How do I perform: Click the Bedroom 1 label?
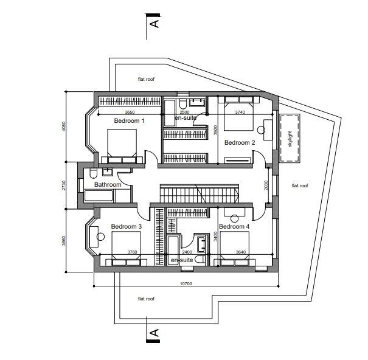click(x=129, y=121)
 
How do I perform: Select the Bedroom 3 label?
click(x=126, y=227)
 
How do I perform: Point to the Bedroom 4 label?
click(x=234, y=227)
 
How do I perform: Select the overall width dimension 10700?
click(x=186, y=283)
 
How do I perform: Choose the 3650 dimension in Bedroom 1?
click(x=130, y=112)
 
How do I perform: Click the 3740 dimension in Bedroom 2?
click(x=240, y=112)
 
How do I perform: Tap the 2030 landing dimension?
click(x=266, y=185)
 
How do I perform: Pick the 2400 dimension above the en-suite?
click(x=187, y=252)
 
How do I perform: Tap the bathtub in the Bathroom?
click(x=99, y=196)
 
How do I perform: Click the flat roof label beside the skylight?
click(x=300, y=185)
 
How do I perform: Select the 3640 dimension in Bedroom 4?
click(x=240, y=252)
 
